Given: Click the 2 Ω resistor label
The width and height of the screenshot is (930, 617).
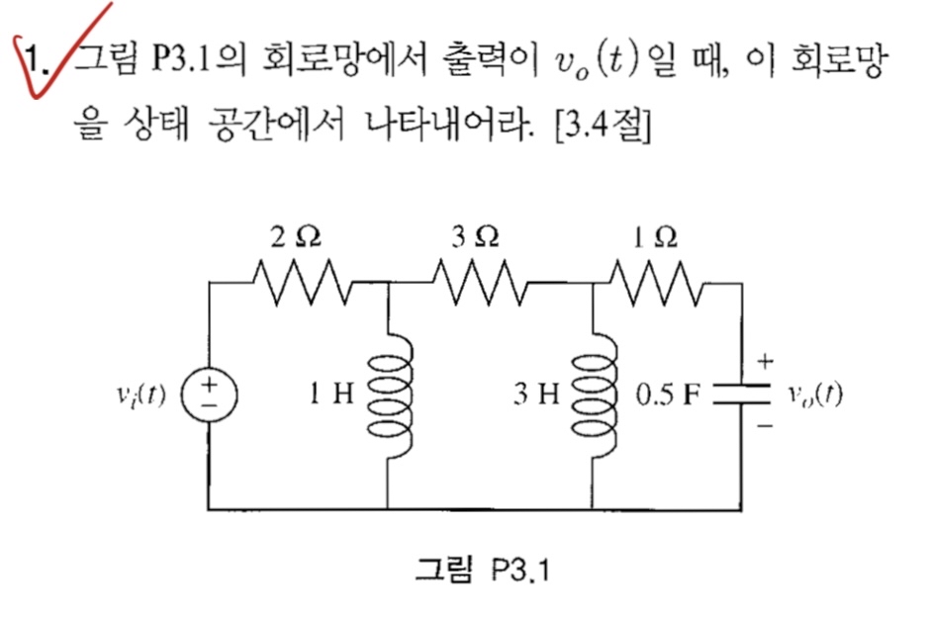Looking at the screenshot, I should (298, 236).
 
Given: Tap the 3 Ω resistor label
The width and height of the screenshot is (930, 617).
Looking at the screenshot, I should (474, 236).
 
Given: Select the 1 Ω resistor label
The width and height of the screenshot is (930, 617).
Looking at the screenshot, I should (656, 236).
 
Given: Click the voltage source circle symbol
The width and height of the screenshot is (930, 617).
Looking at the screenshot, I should (211, 396).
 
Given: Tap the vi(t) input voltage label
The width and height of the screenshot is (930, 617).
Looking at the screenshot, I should (141, 396).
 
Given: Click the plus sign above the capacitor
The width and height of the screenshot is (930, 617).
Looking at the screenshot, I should (767, 362).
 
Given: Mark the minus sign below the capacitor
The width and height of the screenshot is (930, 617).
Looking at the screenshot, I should (768, 428).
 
